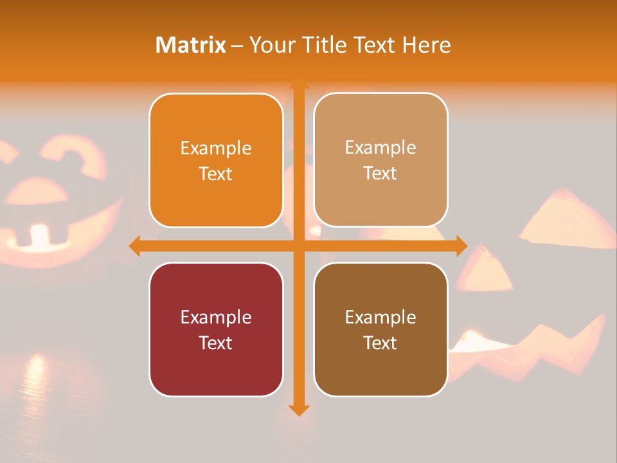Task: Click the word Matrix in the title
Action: point(191,45)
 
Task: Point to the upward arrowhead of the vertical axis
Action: point(298,84)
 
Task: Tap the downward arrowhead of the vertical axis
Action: point(298,409)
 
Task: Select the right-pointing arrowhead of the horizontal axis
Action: point(461,246)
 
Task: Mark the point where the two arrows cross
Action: point(298,246)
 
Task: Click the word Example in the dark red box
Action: point(216,317)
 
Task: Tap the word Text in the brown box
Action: point(380,343)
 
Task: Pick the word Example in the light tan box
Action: point(380,147)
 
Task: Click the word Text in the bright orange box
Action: point(216,174)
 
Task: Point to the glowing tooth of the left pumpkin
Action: point(40,235)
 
